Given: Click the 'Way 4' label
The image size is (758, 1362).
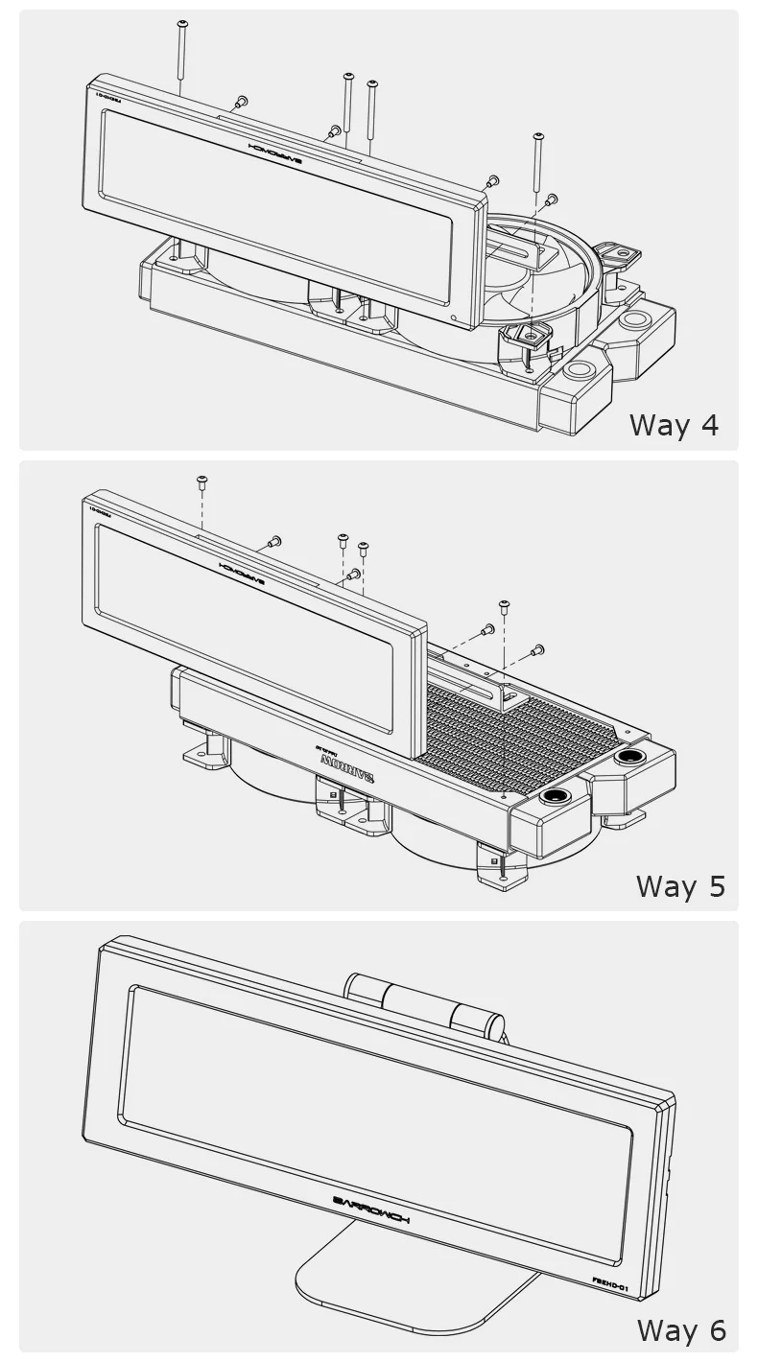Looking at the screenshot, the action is tap(673, 424).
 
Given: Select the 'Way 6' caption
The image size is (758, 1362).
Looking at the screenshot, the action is tap(681, 1330).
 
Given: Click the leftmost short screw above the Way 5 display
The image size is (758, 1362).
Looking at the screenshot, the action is tap(202, 481).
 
